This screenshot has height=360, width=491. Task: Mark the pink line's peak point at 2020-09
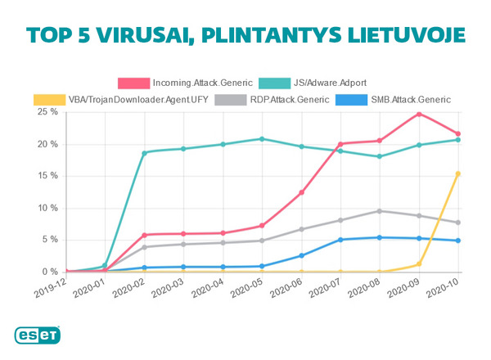coord(419,114)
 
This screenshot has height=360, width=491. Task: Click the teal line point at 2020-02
coord(144,152)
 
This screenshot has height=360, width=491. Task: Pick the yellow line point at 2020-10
coord(458,173)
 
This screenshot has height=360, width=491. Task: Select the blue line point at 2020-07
coord(340,240)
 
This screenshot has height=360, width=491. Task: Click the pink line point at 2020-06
coord(301,192)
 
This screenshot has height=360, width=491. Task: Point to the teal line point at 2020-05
coord(262,139)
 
